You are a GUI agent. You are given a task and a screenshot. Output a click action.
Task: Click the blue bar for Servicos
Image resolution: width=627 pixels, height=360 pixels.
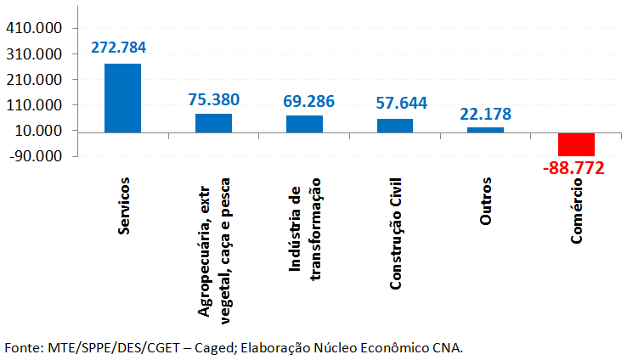(122, 98)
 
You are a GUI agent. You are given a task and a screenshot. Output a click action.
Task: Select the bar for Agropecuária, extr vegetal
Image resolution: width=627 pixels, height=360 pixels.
(213, 122)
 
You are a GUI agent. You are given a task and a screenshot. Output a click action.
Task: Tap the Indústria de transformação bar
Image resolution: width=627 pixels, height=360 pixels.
(304, 123)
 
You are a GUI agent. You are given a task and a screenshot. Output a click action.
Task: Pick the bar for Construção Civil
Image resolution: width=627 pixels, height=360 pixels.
(395, 125)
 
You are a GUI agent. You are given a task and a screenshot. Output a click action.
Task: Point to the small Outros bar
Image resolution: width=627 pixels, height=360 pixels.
(485, 129)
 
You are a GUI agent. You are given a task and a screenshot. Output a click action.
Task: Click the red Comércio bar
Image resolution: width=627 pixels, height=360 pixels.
(576, 144)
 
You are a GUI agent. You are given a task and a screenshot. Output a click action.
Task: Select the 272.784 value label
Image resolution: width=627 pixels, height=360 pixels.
(121, 48)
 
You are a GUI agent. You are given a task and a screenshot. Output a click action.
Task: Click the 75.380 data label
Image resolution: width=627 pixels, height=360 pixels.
(214, 98)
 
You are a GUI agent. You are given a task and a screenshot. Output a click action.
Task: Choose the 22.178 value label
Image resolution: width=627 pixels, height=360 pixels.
(485, 114)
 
